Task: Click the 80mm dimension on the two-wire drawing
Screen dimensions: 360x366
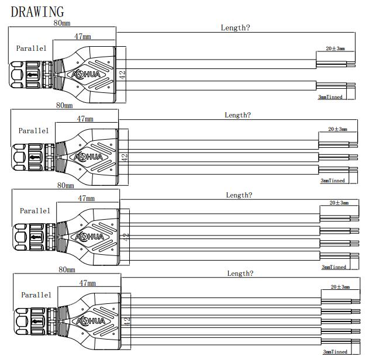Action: pos(63,23)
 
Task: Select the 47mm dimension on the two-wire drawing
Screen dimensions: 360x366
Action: pos(82,36)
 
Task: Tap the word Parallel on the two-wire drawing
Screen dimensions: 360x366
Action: pos(31,49)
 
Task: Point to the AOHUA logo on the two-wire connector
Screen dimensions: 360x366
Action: pos(86,75)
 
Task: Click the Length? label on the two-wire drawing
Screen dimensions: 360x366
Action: pos(235,27)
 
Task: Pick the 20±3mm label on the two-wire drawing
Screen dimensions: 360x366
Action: pos(335,49)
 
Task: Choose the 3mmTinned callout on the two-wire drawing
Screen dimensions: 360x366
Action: pos(330,96)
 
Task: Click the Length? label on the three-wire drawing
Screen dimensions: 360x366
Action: pos(237,115)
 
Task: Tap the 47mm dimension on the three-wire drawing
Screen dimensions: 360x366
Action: pos(85,119)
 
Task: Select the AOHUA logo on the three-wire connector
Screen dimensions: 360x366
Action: pos(88,157)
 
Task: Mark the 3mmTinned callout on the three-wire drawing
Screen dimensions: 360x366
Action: pos(333,181)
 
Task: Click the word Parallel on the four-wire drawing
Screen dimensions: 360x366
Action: pos(35,210)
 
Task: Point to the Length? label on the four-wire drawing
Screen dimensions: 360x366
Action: pos(239,195)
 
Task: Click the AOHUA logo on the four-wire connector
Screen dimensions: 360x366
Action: pos(89,237)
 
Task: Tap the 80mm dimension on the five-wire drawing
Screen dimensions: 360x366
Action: pos(67,270)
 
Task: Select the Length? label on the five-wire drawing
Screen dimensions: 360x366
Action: pos(240,274)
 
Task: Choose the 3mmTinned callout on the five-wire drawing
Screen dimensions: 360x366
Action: pos(335,351)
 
